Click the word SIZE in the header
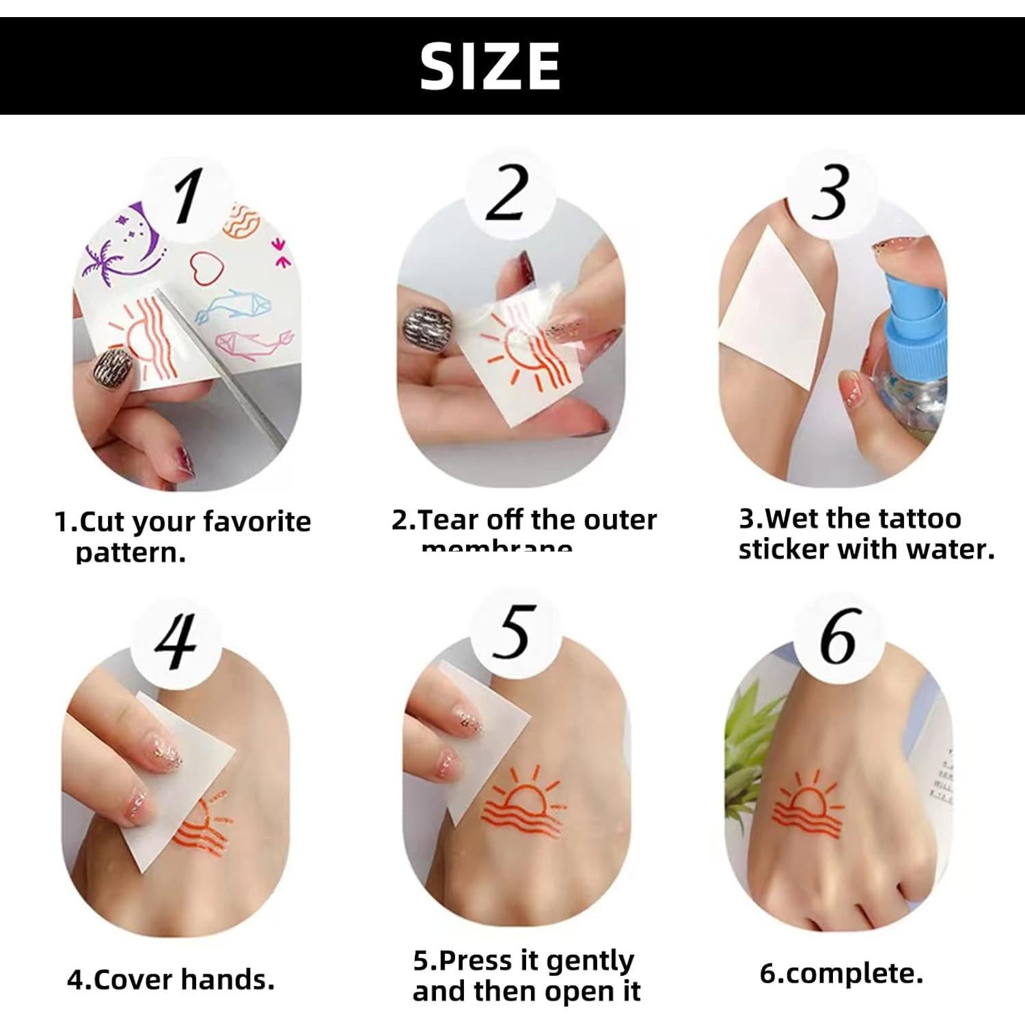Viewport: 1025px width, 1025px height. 490,66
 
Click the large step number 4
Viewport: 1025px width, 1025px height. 176,641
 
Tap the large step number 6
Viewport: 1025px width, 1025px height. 838,637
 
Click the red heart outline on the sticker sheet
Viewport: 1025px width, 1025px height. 203,266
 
